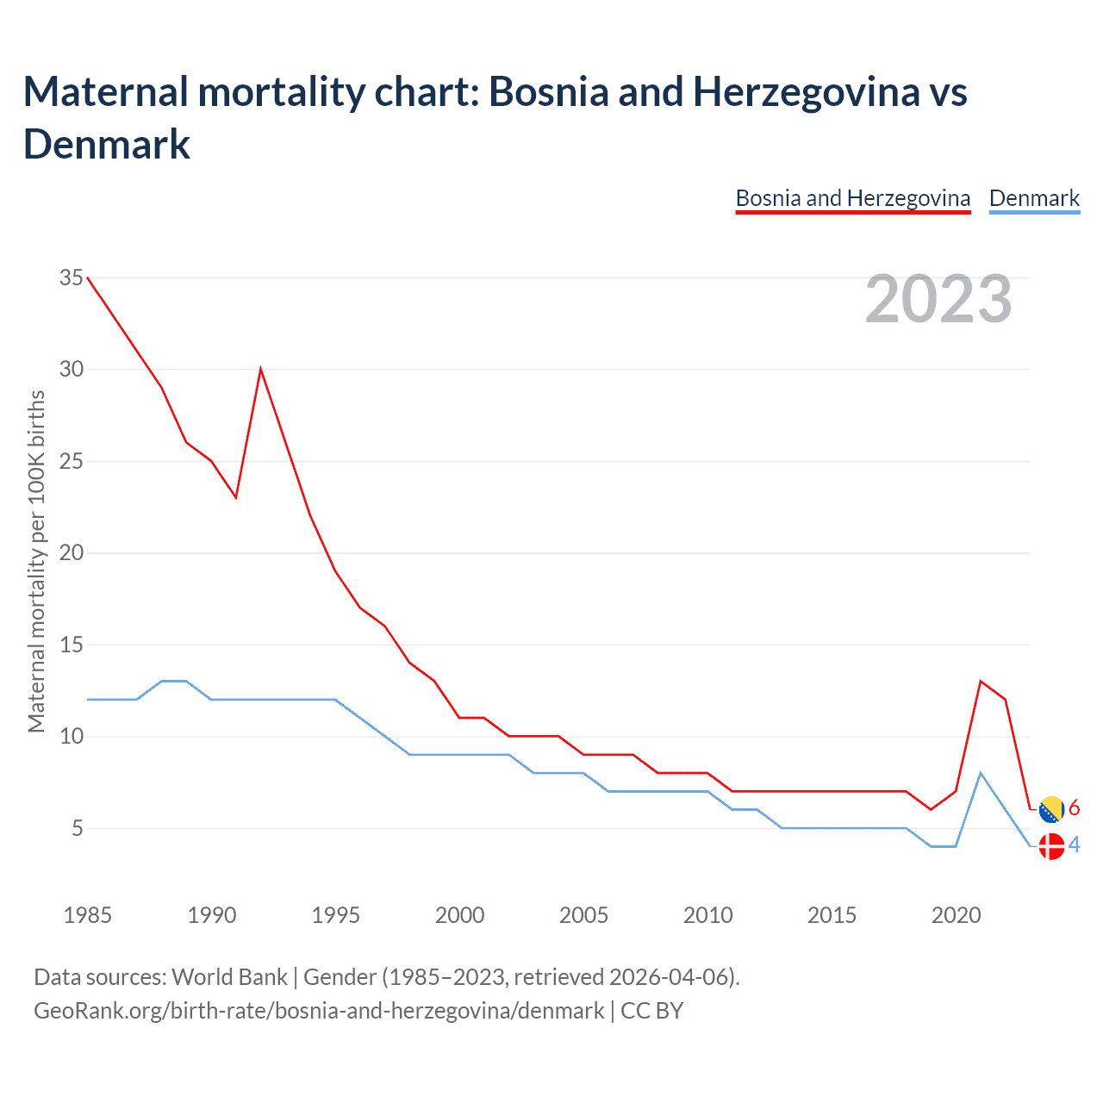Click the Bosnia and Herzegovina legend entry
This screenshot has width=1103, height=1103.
[x=852, y=198]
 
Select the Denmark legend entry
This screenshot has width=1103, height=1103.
[x=1034, y=198]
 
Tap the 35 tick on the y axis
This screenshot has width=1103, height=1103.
[x=72, y=277]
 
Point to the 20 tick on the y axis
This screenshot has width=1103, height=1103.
[x=72, y=552]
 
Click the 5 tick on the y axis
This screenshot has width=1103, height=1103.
[x=78, y=828]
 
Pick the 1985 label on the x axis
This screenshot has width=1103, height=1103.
[x=87, y=915]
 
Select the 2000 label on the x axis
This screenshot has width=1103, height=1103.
[x=459, y=915]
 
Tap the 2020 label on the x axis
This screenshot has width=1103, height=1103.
[x=956, y=915]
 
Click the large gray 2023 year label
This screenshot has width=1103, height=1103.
[x=938, y=299]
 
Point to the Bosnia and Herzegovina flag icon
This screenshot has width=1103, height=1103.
[x=1051, y=809]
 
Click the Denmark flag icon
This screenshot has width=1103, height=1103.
[x=1051, y=846]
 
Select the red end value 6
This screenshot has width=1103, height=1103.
[x=1075, y=808]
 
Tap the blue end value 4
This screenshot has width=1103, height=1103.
[x=1075, y=845]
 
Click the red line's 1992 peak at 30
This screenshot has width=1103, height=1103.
[x=260, y=370]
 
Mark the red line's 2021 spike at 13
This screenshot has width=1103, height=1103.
[x=981, y=682]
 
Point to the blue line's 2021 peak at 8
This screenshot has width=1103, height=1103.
[x=981, y=773]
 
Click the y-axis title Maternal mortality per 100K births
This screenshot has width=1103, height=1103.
[x=36, y=561]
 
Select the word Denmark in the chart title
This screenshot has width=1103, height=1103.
[x=107, y=144]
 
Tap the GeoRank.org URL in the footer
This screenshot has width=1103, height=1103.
[x=319, y=1011]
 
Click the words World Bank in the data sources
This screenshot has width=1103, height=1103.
[x=229, y=977]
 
